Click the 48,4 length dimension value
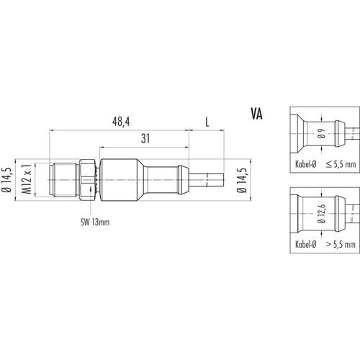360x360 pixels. tap(121, 122)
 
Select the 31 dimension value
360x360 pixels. tap(145, 138)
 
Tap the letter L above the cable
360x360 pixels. tap(207, 122)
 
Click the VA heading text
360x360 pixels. tap(256, 114)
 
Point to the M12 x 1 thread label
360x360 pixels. tap(27, 179)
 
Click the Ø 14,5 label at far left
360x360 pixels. tap(6, 179)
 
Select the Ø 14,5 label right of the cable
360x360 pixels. tap(242, 179)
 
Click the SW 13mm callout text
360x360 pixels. tap(95, 222)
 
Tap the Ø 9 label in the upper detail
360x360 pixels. tap(323, 133)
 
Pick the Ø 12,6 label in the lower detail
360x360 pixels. tap(322, 214)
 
